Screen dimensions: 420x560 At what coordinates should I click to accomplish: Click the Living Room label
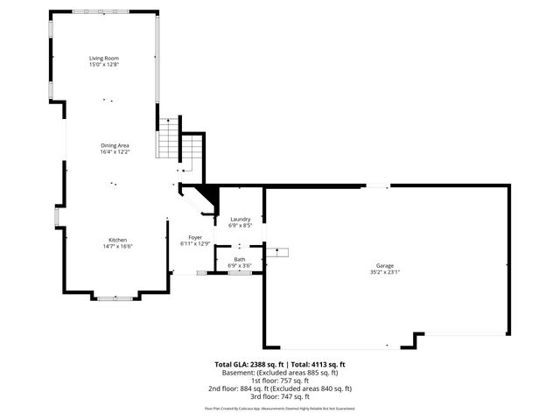click(x=103, y=59)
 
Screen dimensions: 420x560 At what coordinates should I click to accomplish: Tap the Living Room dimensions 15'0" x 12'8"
click(x=103, y=65)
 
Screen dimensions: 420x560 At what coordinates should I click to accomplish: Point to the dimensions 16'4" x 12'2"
click(x=114, y=152)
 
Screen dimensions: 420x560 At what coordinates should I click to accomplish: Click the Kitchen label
click(x=117, y=240)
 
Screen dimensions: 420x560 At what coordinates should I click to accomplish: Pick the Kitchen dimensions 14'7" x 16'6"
click(x=117, y=247)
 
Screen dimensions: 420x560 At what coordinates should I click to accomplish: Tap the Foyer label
click(x=195, y=237)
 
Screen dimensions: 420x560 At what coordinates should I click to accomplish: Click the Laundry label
click(x=240, y=219)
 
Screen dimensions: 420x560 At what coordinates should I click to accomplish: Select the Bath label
click(x=239, y=259)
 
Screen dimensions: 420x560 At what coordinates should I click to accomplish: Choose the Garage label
click(x=385, y=265)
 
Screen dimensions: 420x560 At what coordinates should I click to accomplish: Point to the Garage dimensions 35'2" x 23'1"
click(x=385, y=272)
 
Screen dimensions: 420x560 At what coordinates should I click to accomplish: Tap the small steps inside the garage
click(x=277, y=253)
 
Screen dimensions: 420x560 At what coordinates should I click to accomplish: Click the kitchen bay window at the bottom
click(x=115, y=298)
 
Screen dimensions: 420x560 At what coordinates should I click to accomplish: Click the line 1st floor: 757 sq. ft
click(x=280, y=381)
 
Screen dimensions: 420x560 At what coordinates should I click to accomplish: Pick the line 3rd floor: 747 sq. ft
click(x=280, y=396)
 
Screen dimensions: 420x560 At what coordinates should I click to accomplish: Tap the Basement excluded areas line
click(x=280, y=372)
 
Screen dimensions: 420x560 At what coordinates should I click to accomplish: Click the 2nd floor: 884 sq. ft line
click(x=280, y=388)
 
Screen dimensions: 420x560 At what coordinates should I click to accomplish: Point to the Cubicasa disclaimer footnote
click(x=280, y=409)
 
